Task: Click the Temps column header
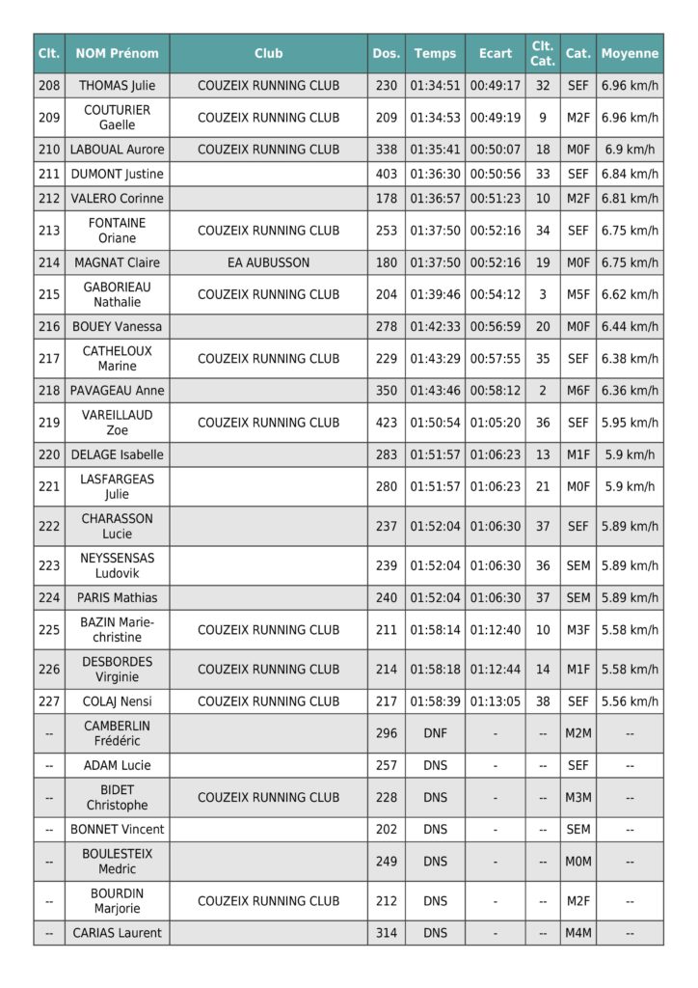click(x=435, y=53)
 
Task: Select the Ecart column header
click(x=495, y=53)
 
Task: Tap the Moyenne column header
click(x=630, y=53)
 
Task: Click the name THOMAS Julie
click(x=117, y=86)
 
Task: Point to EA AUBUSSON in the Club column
click(x=268, y=262)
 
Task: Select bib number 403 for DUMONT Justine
click(x=386, y=175)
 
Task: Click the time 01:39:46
click(x=435, y=294)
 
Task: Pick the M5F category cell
click(x=577, y=294)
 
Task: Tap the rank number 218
click(x=49, y=391)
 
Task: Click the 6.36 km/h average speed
click(x=630, y=391)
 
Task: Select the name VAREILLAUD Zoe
click(x=117, y=423)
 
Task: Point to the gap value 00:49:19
click(x=495, y=118)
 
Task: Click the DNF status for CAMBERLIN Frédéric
click(x=435, y=733)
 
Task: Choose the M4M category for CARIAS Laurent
click(x=577, y=933)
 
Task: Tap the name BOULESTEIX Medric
click(x=117, y=861)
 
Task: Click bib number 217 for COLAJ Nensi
click(x=386, y=701)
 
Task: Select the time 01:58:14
click(x=435, y=630)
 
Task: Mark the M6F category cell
click(x=577, y=391)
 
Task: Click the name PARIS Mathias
click(x=117, y=598)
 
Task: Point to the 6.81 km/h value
click(x=630, y=199)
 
